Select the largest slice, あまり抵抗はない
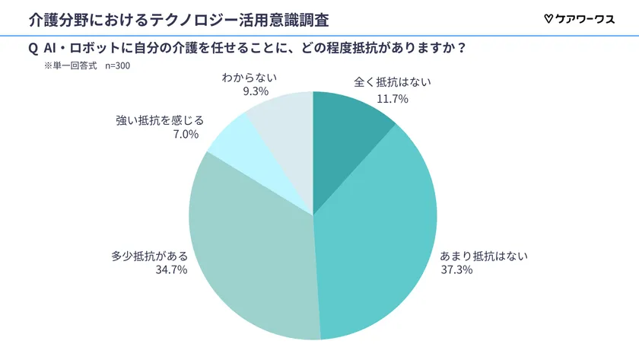pos(380,244)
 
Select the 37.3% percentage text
pos(456,269)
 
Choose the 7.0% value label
pos(186,134)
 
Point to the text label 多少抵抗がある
pos(149,256)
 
